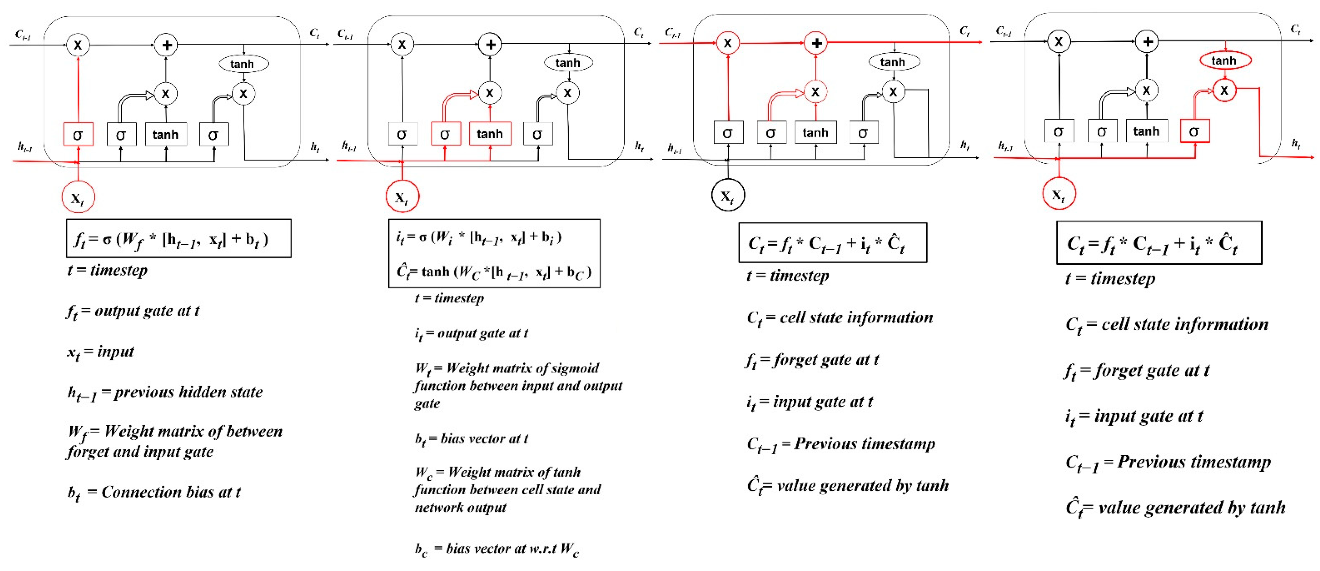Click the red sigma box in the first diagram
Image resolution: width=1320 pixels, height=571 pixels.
[78, 134]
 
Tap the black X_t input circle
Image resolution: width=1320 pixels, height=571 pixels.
[728, 195]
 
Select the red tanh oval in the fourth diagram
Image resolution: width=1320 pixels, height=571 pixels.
[1225, 60]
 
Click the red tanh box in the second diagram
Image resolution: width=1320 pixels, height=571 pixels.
[490, 134]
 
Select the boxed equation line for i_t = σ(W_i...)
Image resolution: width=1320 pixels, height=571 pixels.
[479, 237]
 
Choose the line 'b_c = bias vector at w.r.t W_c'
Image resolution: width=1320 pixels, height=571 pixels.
[497, 549]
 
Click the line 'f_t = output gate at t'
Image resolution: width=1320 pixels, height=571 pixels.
[133, 311]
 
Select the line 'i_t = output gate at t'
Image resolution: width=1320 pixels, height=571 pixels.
[471, 334]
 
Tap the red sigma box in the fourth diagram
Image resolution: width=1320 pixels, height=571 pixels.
[1195, 131]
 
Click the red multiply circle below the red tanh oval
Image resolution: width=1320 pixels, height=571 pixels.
[1224, 90]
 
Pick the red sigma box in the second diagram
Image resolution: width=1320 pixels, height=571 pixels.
[445, 134]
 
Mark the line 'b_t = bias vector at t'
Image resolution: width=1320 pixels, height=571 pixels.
[471, 439]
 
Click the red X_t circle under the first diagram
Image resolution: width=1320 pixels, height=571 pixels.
[78, 198]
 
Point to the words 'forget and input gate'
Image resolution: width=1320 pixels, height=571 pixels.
[140, 452]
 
